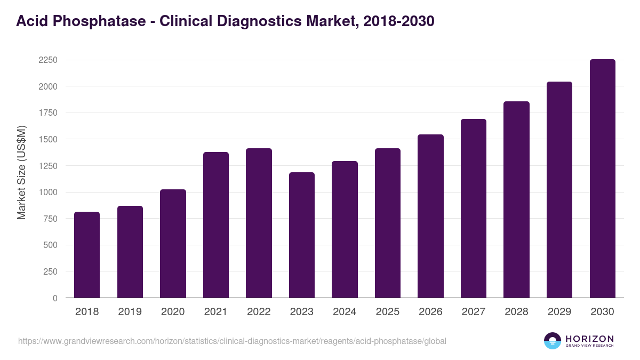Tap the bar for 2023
pos(301,235)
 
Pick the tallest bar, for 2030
pos(602,179)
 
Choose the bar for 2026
pos(430,216)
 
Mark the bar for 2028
pos(516,199)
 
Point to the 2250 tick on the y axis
pos(48,60)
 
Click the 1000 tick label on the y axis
pos(48,193)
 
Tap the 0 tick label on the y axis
pos(55,298)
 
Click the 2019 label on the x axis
pos(130,312)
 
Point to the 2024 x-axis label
pos(345,312)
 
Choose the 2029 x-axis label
pos(559,312)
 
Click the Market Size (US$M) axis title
pos(22,172)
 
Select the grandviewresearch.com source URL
pos(232,341)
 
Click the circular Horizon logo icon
pos(553,341)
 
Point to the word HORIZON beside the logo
pos(589,338)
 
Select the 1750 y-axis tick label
pos(48,113)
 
